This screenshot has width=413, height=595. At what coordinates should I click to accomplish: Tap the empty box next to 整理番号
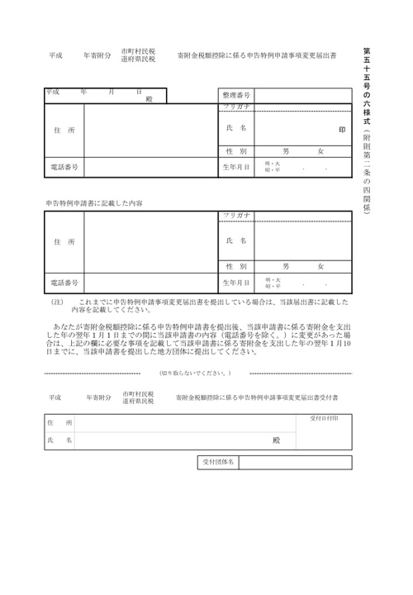(x=301, y=96)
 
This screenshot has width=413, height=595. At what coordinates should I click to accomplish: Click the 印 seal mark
(x=342, y=129)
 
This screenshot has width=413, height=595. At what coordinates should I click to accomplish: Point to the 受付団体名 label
(x=220, y=461)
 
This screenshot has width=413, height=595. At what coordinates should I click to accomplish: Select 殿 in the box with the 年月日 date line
(x=149, y=98)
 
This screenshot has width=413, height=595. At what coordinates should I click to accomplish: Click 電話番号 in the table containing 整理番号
(x=64, y=167)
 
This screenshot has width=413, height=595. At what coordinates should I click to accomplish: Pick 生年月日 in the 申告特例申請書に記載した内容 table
(x=236, y=283)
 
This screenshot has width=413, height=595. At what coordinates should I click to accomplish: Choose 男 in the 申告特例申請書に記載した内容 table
(x=286, y=267)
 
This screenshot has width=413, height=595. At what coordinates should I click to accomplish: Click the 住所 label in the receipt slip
(x=59, y=422)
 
